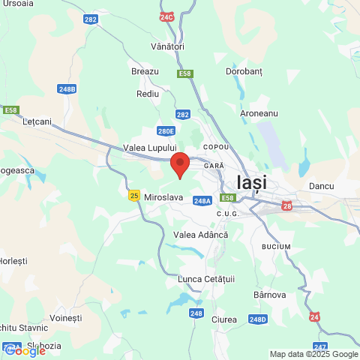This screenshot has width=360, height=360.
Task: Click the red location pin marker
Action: pyautogui.click(x=179, y=163)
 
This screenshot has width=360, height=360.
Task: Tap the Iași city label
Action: pyautogui.click(x=251, y=182)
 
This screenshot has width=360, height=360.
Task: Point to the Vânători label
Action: pyautogui.click(x=166, y=46)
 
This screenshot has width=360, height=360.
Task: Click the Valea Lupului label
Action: pyautogui.click(x=148, y=148)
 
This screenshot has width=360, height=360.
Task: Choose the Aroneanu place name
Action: pyautogui.click(x=259, y=112)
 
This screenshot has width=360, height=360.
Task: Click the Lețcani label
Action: pyautogui.click(x=37, y=121)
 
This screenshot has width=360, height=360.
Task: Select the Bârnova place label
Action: pyautogui.click(x=270, y=295)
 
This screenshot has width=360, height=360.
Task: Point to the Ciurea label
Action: pyautogui.click(x=225, y=319)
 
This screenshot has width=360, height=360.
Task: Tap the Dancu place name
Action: pyautogui.click(x=321, y=185)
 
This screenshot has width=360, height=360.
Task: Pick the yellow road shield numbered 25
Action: pyautogui.click(x=134, y=195)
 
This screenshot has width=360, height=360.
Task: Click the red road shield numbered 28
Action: pyautogui.click(x=287, y=205)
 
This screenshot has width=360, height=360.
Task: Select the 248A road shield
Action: pyautogui.click(x=202, y=201)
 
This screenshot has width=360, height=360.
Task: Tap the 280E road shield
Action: pyautogui.click(x=167, y=131)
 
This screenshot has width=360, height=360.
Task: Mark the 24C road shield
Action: pyautogui.click(x=166, y=16)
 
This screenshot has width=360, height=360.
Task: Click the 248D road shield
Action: pyautogui.click(x=257, y=319)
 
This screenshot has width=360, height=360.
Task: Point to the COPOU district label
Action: pyautogui.click(x=215, y=147)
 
